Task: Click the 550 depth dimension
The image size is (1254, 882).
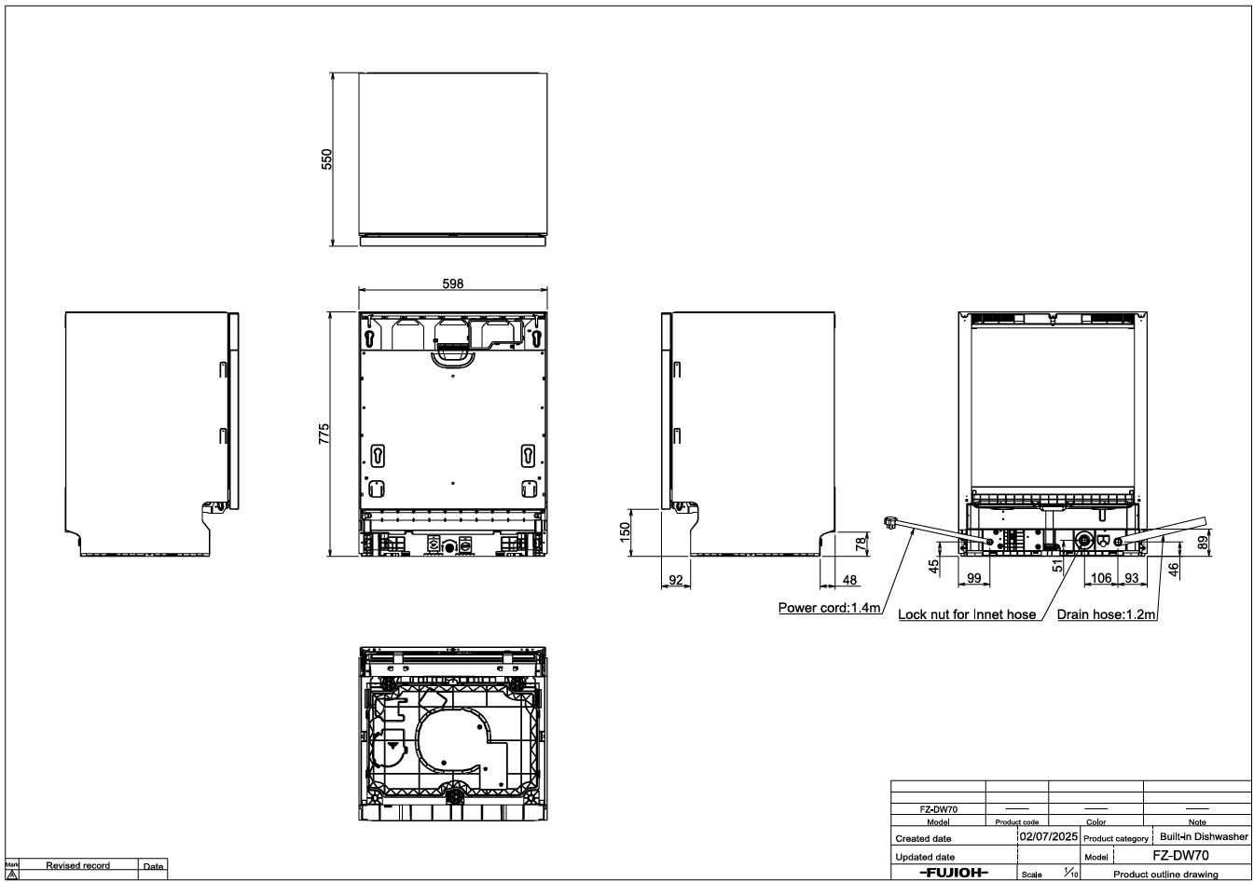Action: [327, 159]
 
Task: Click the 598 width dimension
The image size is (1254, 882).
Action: [453, 283]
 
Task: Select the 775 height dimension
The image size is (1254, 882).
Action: [324, 434]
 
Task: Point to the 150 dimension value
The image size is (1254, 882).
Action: [625, 531]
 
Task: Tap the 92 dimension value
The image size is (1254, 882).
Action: [676, 580]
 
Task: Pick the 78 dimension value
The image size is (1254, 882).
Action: [861, 542]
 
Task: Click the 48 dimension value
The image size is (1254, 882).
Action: [849, 580]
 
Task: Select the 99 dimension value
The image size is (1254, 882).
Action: [974, 578]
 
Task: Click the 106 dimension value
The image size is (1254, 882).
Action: [1101, 578]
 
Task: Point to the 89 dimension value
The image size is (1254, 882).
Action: [1203, 543]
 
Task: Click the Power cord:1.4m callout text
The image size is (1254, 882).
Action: [830, 608]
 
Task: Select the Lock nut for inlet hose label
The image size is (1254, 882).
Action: [967, 614]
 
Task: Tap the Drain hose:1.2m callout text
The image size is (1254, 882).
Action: [1106, 614]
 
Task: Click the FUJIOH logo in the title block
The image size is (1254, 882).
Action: [954, 873]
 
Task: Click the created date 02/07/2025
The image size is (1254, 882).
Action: [1049, 836]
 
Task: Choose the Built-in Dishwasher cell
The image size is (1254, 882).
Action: [1205, 836]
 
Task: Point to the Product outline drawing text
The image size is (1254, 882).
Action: [1165, 875]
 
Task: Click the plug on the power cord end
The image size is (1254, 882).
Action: [890, 523]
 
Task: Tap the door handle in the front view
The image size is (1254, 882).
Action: [453, 360]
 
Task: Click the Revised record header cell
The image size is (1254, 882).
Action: [77, 865]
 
